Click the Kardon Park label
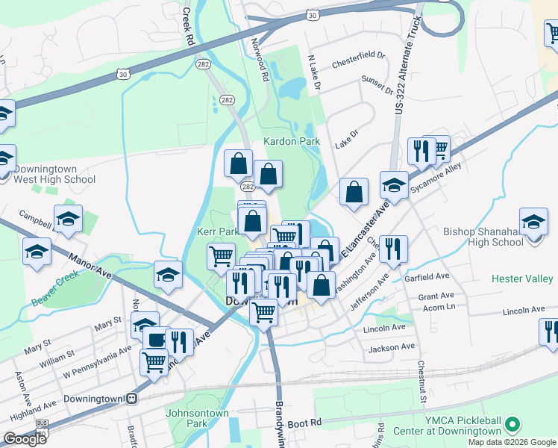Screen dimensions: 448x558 pos(291,141)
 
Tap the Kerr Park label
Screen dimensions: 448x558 pos(217,232)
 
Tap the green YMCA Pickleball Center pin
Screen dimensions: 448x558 pos(512,426)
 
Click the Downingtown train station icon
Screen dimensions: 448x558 pos(131,398)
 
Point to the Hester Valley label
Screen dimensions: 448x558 pos(522,279)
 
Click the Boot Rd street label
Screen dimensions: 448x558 pos(304,423)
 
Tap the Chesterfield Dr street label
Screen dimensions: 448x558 pos(358,55)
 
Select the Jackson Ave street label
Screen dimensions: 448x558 pos(391,347)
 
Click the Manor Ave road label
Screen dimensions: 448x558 pos(90,266)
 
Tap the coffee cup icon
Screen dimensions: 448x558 pos(156,340)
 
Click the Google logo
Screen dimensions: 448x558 pos(25,439)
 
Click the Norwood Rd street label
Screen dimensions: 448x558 pos(260,60)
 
